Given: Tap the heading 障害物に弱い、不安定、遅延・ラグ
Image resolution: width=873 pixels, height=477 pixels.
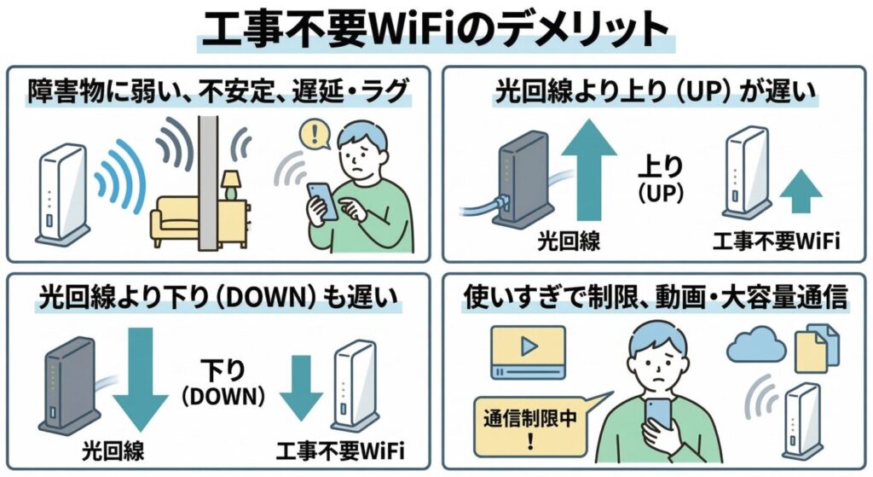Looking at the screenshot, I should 218,90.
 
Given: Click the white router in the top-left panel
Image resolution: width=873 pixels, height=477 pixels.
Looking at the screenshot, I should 62,191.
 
